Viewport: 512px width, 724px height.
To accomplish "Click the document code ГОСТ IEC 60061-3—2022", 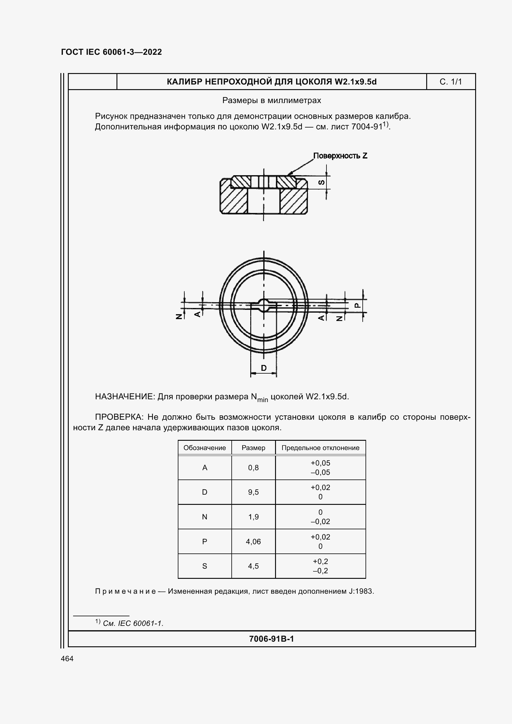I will [x=112, y=52].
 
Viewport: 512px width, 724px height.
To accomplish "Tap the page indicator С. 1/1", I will [x=450, y=82].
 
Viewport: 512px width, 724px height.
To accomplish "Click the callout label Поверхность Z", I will [x=340, y=156].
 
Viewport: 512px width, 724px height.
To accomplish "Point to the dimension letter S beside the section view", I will [x=321, y=182].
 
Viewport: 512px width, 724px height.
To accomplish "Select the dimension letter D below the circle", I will [x=264, y=368].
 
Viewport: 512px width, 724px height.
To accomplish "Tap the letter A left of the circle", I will [x=197, y=314].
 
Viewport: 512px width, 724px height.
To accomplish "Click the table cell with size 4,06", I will [x=253, y=542].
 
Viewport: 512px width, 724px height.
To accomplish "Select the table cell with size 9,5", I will [x=253, y=492].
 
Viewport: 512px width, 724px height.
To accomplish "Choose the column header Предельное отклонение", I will [x=320, y=448].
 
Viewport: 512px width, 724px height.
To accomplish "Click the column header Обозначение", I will [x=204, y=448].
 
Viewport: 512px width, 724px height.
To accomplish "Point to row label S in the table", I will [x=204, y=566].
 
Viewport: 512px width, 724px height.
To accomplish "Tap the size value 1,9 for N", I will [x=253, y=517].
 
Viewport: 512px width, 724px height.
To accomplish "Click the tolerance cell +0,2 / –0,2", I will [x=320, y=566].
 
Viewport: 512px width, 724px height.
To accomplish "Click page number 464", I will [x=67, y=658].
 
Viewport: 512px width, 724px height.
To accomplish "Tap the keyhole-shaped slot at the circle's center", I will [x=264, y=305].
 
